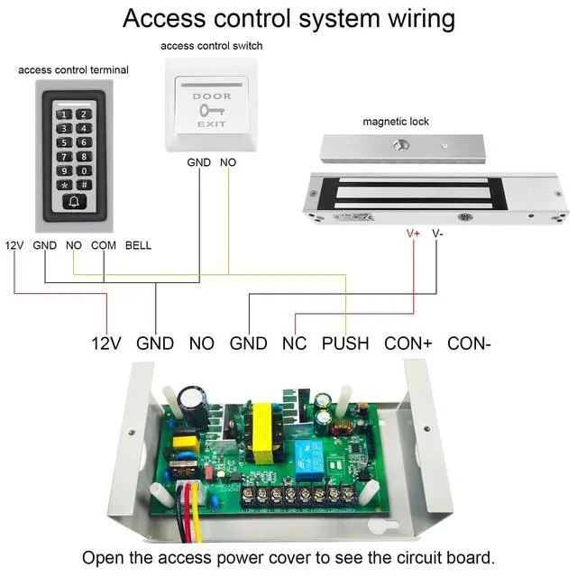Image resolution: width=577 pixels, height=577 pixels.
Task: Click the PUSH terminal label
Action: point(345,343)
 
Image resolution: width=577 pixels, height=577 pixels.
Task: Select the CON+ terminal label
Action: point(408,343)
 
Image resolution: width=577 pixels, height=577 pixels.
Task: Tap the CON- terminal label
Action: point(469,343)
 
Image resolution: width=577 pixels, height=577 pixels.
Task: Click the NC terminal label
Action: point(294,343)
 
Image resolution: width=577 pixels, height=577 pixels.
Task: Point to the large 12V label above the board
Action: point(105,343)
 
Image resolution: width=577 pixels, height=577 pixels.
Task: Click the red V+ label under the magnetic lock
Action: point(414,233)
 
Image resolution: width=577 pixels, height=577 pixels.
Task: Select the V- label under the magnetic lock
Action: point(438,233)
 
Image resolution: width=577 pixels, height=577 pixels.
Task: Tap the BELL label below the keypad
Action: point(138,245)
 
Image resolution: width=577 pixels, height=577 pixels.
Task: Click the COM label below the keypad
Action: point(104,245)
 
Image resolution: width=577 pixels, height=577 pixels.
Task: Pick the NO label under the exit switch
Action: point(228,163)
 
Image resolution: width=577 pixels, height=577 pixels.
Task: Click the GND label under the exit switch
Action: point(198,163)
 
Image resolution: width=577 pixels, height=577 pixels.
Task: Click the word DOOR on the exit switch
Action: point(212,96)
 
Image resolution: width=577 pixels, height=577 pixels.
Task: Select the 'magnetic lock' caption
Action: point(396,121)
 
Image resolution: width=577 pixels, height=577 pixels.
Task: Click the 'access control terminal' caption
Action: point(73,69)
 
